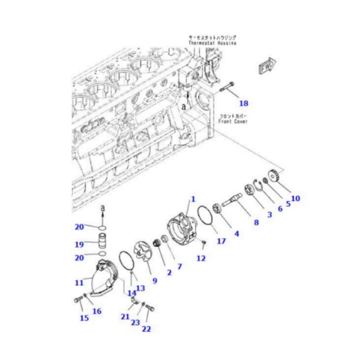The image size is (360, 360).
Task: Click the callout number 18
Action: click(x=243, y=103)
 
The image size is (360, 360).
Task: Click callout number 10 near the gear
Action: click(x=295, y=197)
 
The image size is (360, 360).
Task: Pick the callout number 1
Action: click(x=193, y=199)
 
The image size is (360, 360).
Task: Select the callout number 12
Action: click(x=201, y=258)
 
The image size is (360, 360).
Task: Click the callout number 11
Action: click(x=79, y=282)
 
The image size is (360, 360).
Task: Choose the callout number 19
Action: click(x=79, y=245)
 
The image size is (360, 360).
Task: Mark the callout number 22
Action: click(x=146, y=329)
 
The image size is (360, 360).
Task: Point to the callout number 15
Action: click(x=84, y=317)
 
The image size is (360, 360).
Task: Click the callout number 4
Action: click(x=236, y=233)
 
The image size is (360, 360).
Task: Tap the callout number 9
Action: click(x=154, y=280)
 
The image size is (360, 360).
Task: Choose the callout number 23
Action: click(x=136, y=322)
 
